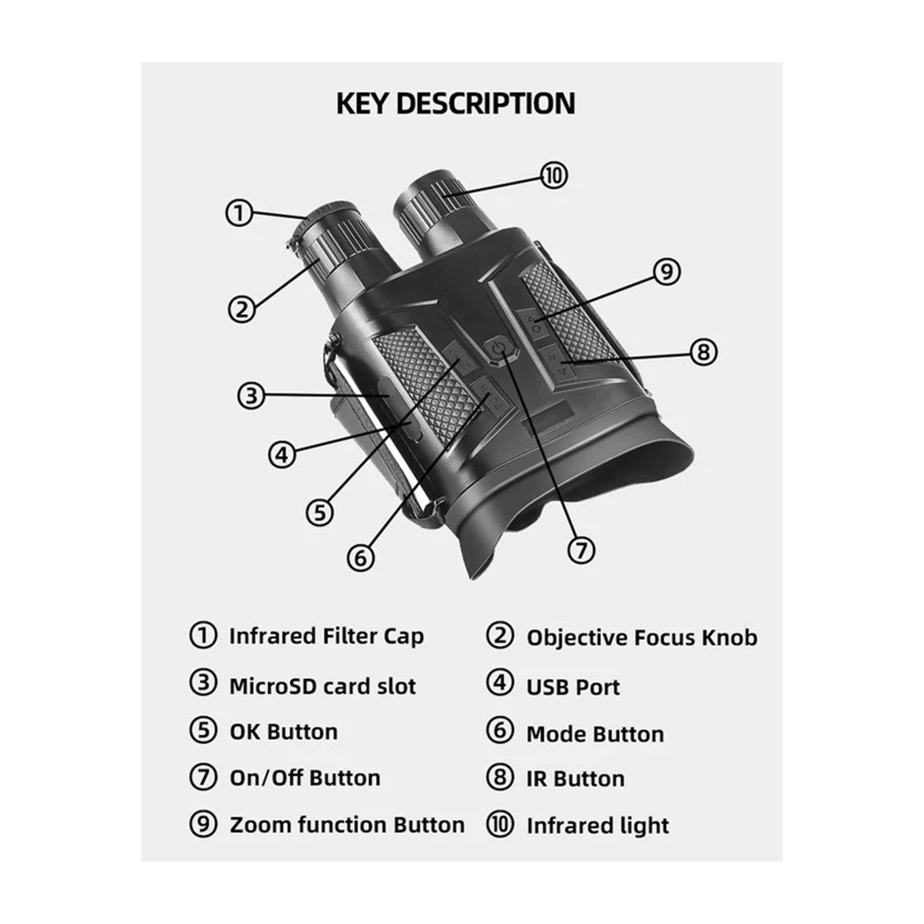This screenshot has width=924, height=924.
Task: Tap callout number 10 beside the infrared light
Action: (x=554, y=176)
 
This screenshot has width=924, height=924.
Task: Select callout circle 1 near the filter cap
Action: (x=239, y=213)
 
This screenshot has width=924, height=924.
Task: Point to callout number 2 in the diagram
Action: (x=242, y=309)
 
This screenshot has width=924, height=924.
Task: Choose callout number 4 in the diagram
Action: (x=283, y=454)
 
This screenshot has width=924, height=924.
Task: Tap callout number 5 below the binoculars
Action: (x=320, y=513)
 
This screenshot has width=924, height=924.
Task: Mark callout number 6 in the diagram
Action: (x=361, y=558)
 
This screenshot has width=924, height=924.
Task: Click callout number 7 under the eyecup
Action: (x=581, y=550)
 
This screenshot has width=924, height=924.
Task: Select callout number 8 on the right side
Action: (x=704, y=352)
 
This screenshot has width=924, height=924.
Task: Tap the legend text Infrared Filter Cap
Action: (x=327, y=637)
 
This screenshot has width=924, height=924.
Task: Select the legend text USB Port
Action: (x=573, y=687)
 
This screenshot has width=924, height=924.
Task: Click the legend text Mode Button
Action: (x=596, y=734)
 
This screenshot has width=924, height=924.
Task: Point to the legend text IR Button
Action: (x=576, y=778)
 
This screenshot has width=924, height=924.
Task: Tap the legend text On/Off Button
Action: (x=305, y=778)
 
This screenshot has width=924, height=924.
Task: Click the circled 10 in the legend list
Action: (x=500, y=824)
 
